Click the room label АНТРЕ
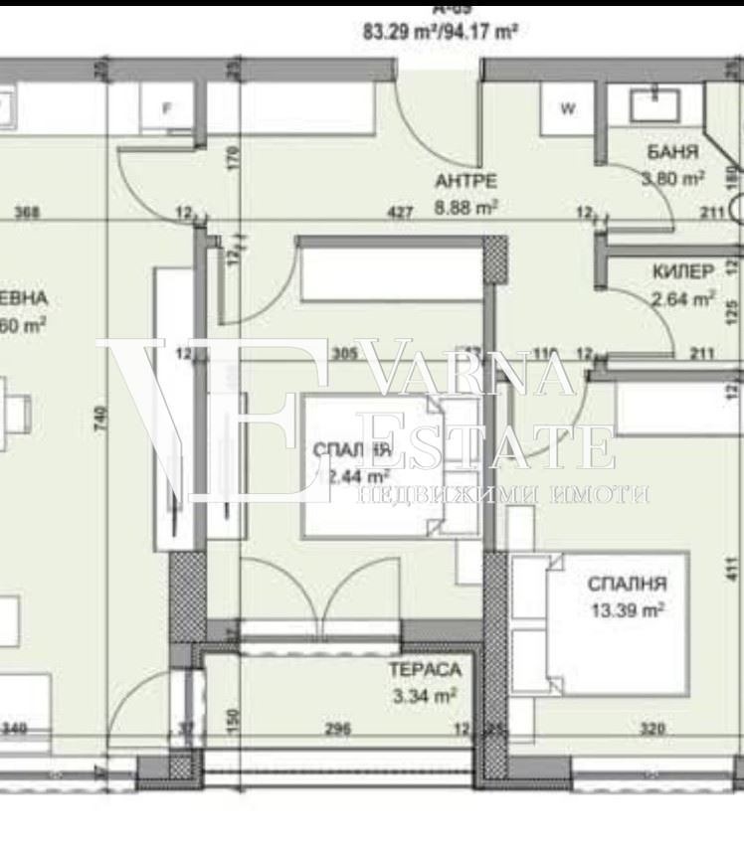[x=465, y=181]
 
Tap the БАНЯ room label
[x=672, y=153]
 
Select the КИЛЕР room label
[x=682, y=271]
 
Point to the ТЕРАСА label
[x=425, y=670]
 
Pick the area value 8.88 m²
[x=465, y=208]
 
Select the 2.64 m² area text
[x=682, y=297]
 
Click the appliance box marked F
[x=167, y=108]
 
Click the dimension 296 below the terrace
[x=338, y=729]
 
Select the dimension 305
[x=343, y=351]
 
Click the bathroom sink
[x=656, y=98]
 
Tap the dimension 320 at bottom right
[x=651, y=729]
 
